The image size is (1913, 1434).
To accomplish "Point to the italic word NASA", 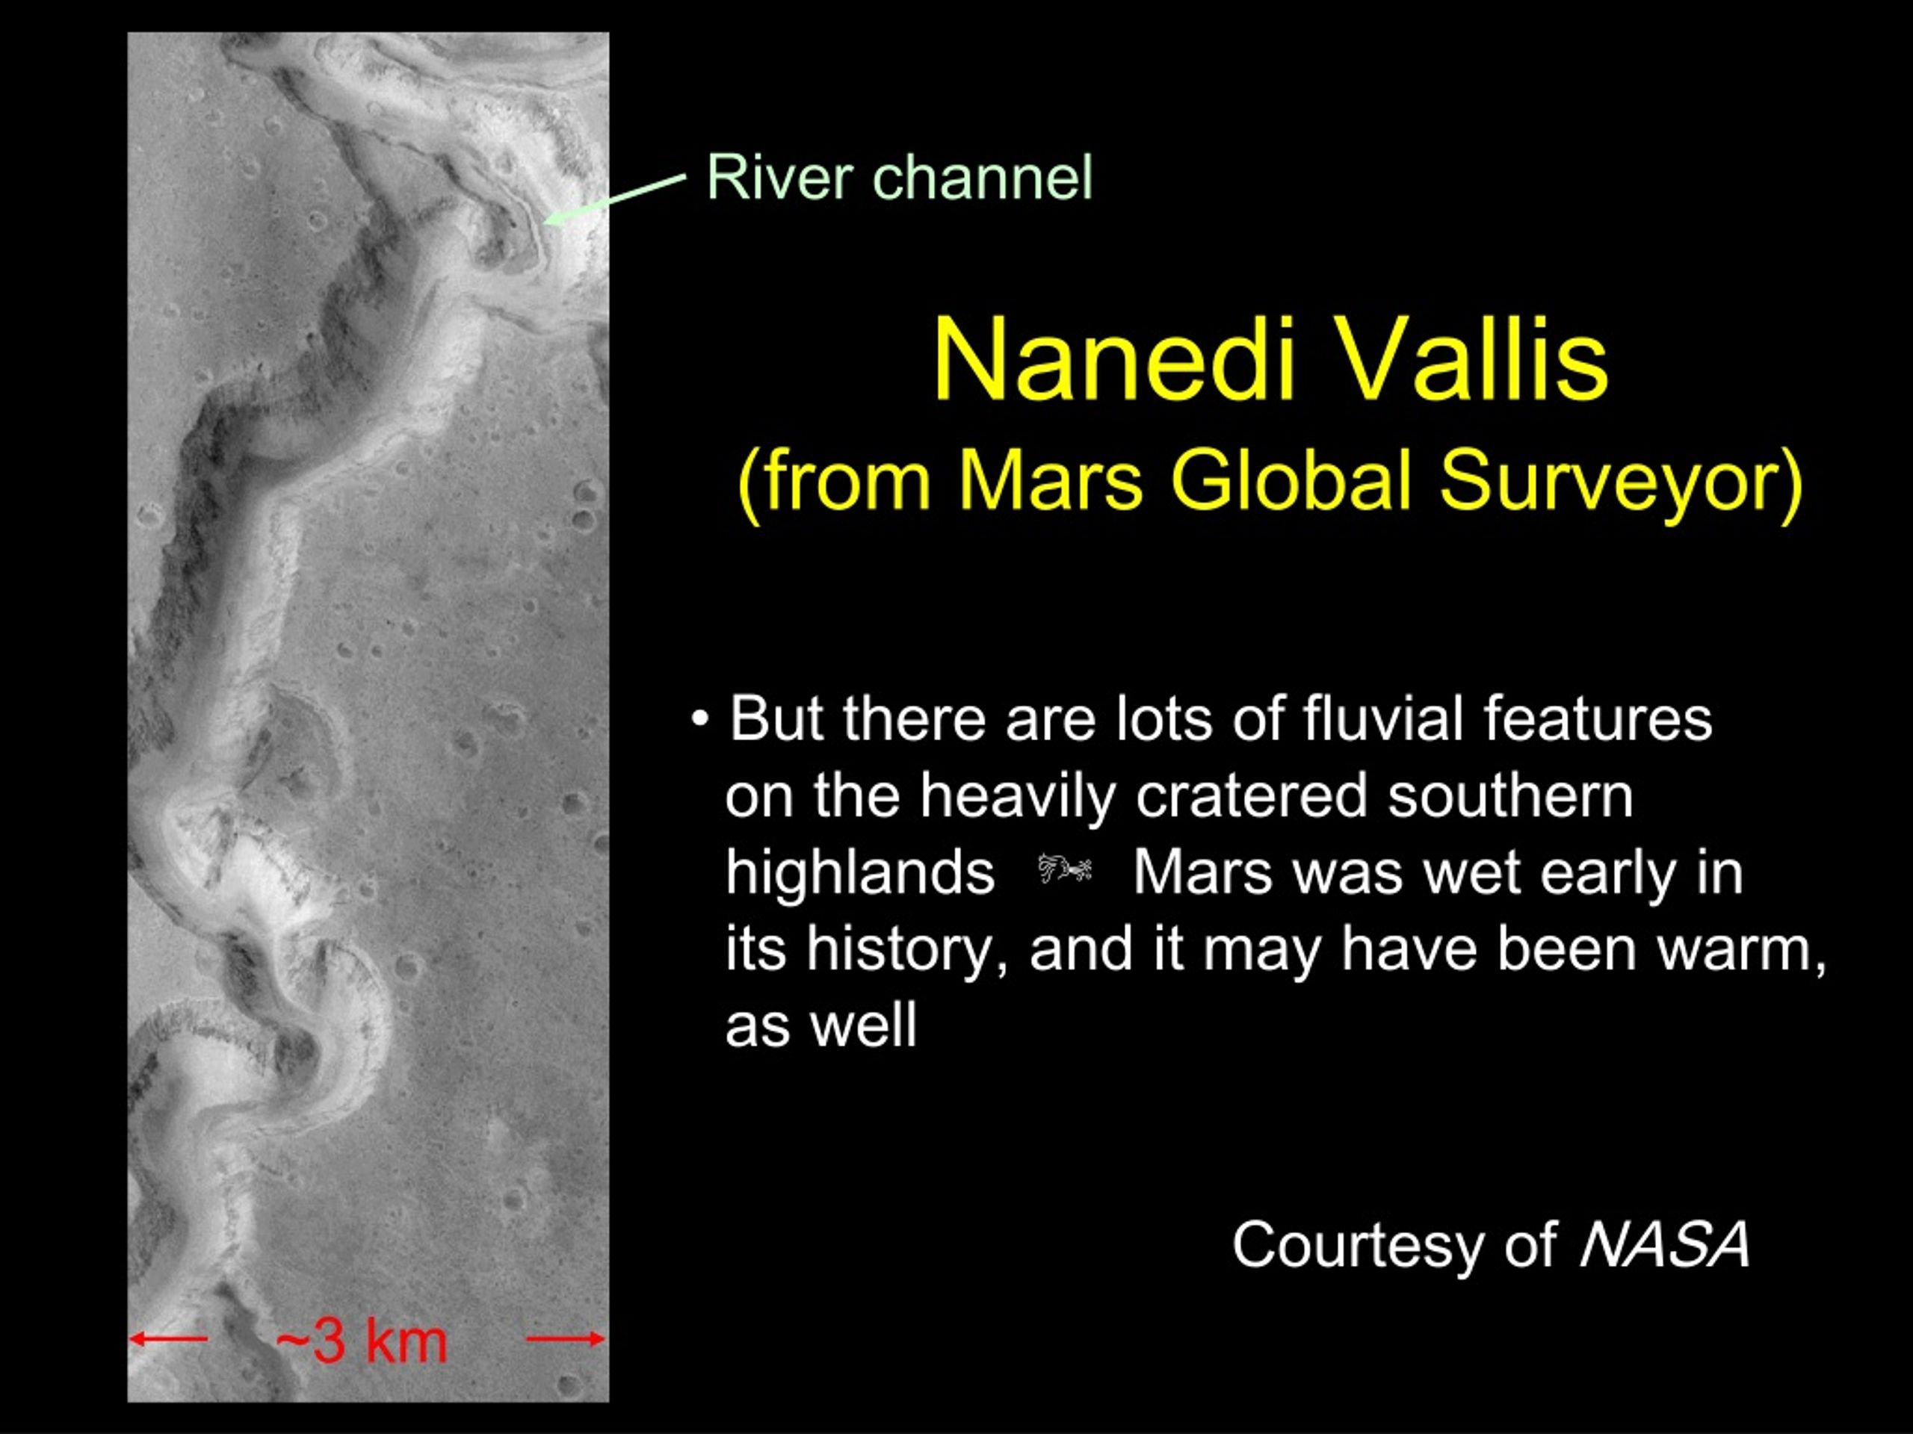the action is [1665, 1245].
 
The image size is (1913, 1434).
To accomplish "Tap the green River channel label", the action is [900, 177].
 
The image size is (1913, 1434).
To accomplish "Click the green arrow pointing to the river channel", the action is [614, 198].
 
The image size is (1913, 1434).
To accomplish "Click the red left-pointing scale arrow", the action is [169, 1340].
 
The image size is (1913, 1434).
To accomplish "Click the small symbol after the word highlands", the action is [1065, 869].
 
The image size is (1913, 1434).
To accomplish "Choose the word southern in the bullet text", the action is [1511, 796].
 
